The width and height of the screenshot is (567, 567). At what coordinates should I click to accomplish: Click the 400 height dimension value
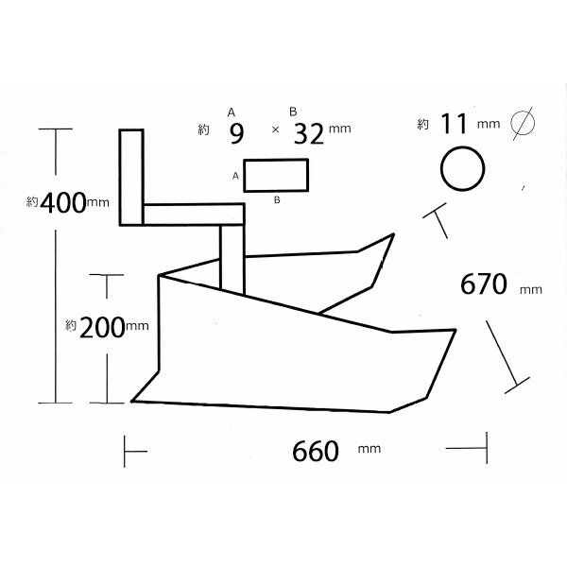(x=63, y=202)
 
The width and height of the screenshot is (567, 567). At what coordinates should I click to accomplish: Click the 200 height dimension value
(x=102, y=328)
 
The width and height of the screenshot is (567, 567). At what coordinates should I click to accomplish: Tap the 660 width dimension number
(x=316, y=452)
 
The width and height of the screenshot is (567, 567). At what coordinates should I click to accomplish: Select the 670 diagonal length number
(x=484, y=284)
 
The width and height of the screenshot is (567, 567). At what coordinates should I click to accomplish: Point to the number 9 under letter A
(x=236, y=134)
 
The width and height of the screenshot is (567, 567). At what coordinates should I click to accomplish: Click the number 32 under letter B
(x=309, y=134)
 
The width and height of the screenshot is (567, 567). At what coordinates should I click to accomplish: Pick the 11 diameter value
(x=454, y=124)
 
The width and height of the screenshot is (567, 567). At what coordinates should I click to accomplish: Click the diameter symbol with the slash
(x=523, y=124)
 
